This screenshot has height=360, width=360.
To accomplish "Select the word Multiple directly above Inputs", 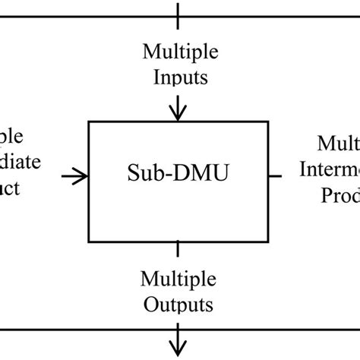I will pyautogui.click(x=179, y=53).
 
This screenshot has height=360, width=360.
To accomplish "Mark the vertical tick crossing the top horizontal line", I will pyautogui.click(x=178, y=13).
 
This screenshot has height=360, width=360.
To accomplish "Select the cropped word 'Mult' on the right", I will pyautogui.click(x=338, y=143).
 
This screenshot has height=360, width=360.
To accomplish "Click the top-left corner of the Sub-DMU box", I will pyautogui.click(x=90, y=121).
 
